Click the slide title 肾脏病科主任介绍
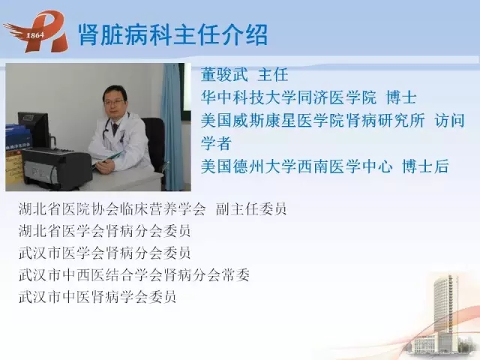tap(173, 34)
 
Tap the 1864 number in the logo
tap(35, 35)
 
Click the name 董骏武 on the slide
tap(224, 74)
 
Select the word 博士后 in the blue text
tap(425, 166)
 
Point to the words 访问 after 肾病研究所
tap(449, 120)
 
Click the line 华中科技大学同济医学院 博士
tap(308, 97)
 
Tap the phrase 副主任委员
tap(251, 208)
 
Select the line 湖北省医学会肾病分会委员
tap(105, 231)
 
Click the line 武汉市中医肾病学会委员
tap(97, 297)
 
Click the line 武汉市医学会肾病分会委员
tap(105, 253)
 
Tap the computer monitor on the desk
tap(34, 130)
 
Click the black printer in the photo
tap(57, 168)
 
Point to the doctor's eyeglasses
tap(114, 102)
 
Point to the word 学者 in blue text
tap(216, 143)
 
